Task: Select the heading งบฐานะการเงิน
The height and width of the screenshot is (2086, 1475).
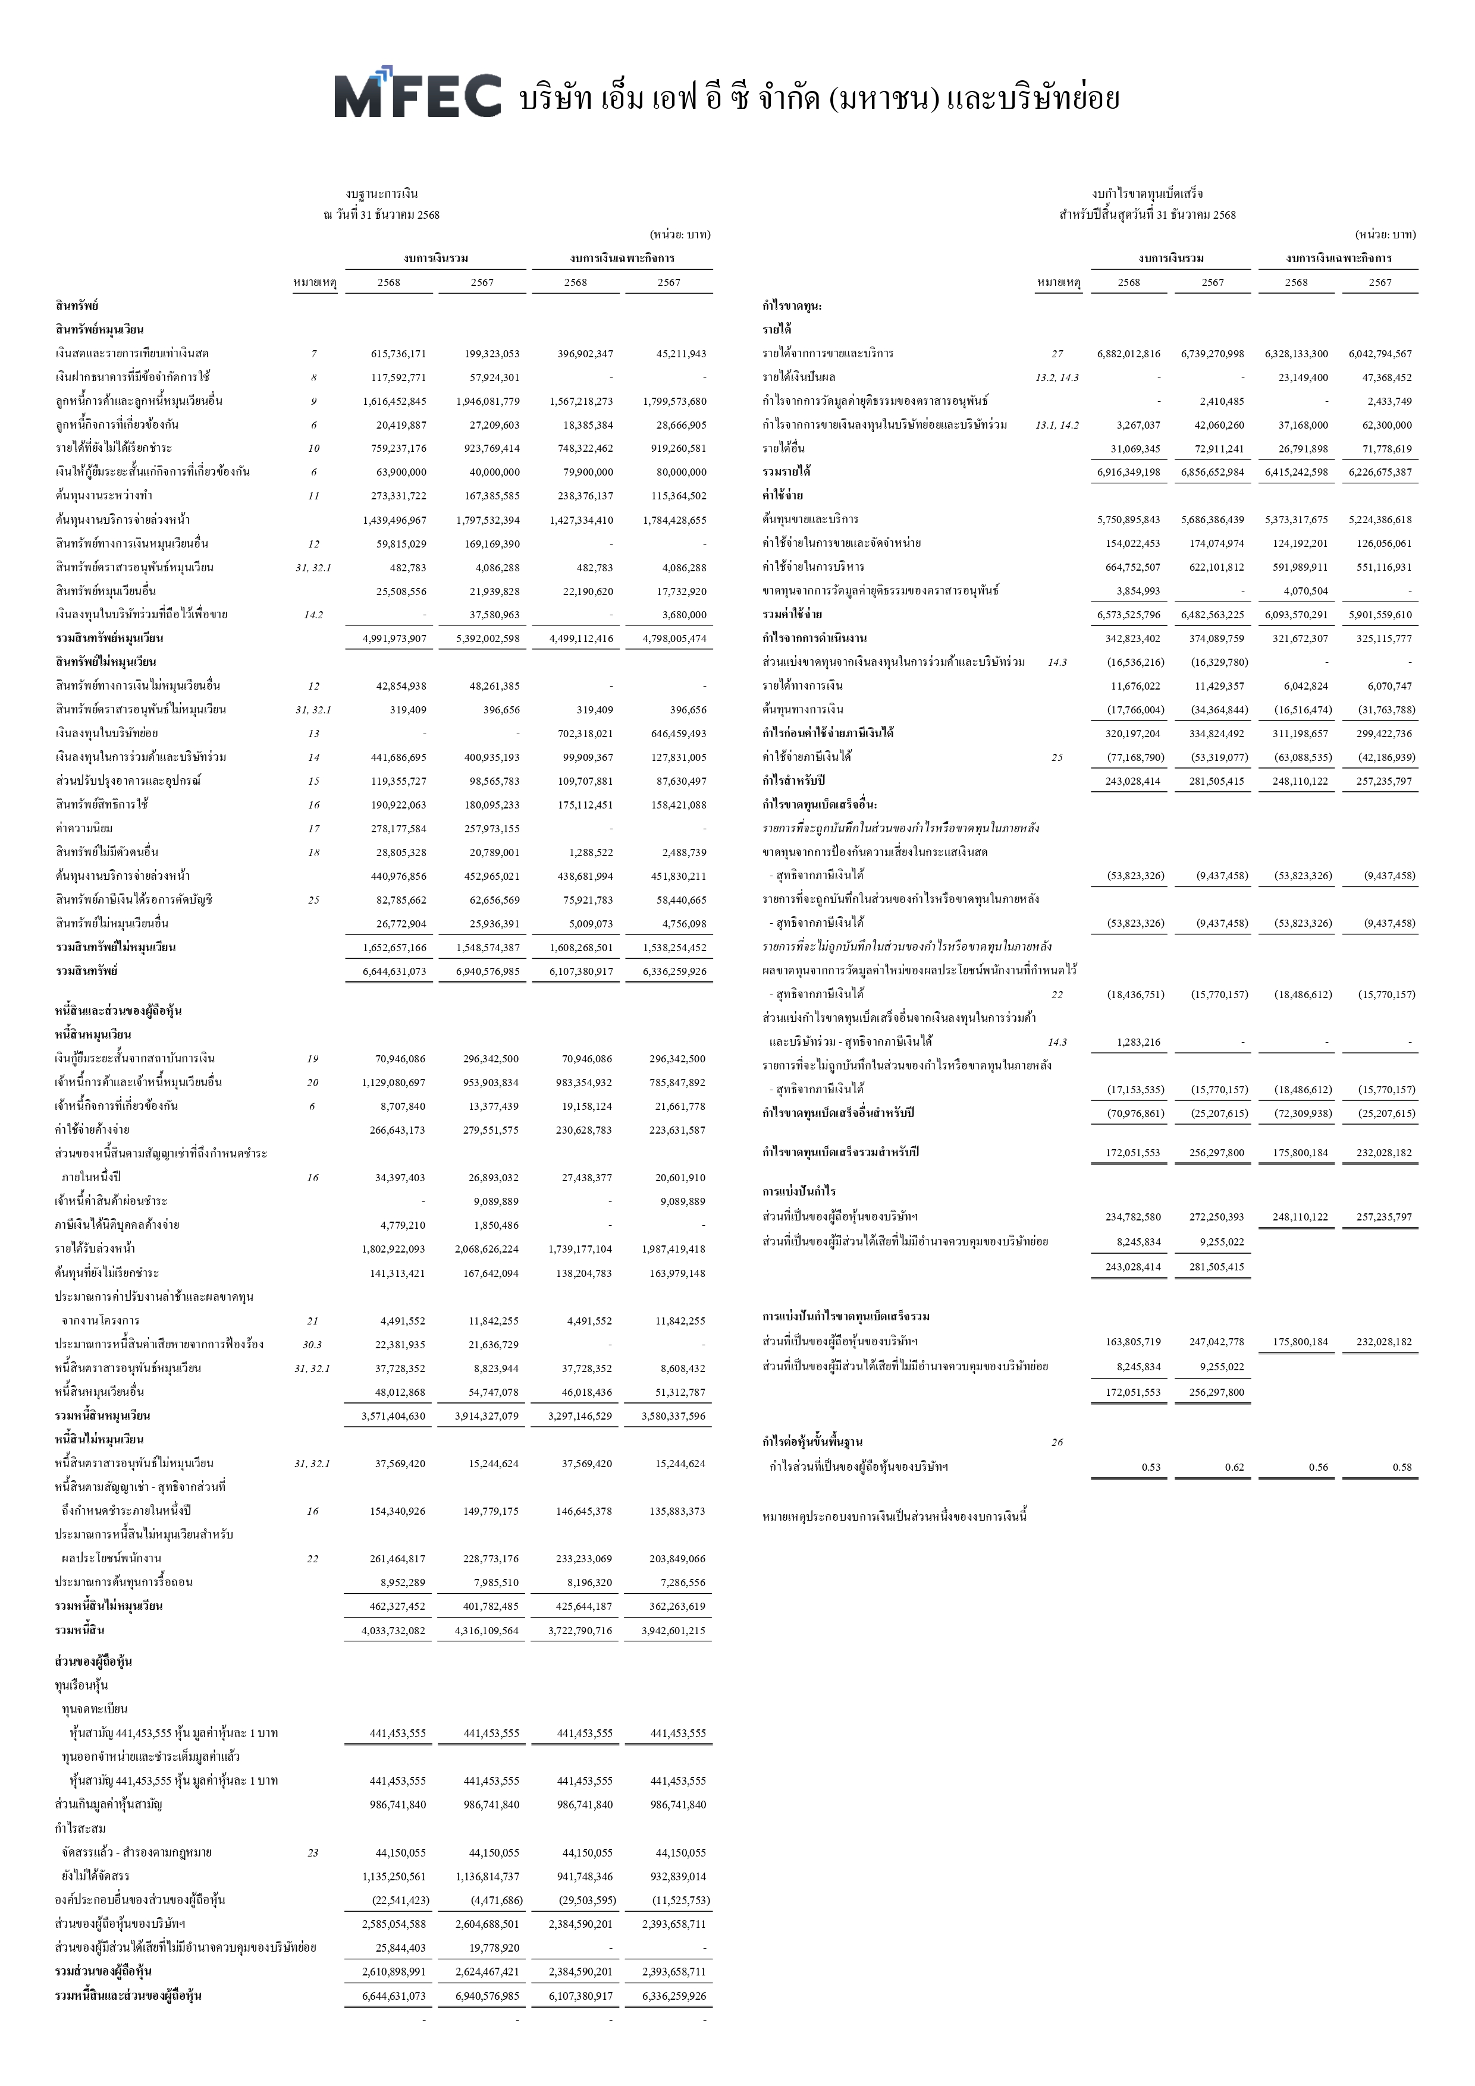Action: (382, 194)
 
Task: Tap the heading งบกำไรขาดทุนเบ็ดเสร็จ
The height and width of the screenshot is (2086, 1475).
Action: (1147, 194)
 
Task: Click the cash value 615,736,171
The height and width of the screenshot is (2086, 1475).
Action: (398, 354)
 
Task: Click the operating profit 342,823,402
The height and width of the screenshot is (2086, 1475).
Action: (1132, 638)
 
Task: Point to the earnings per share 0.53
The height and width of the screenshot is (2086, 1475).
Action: (1150, 1467)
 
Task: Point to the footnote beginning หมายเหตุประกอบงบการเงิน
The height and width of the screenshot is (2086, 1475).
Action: (895, 1516)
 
